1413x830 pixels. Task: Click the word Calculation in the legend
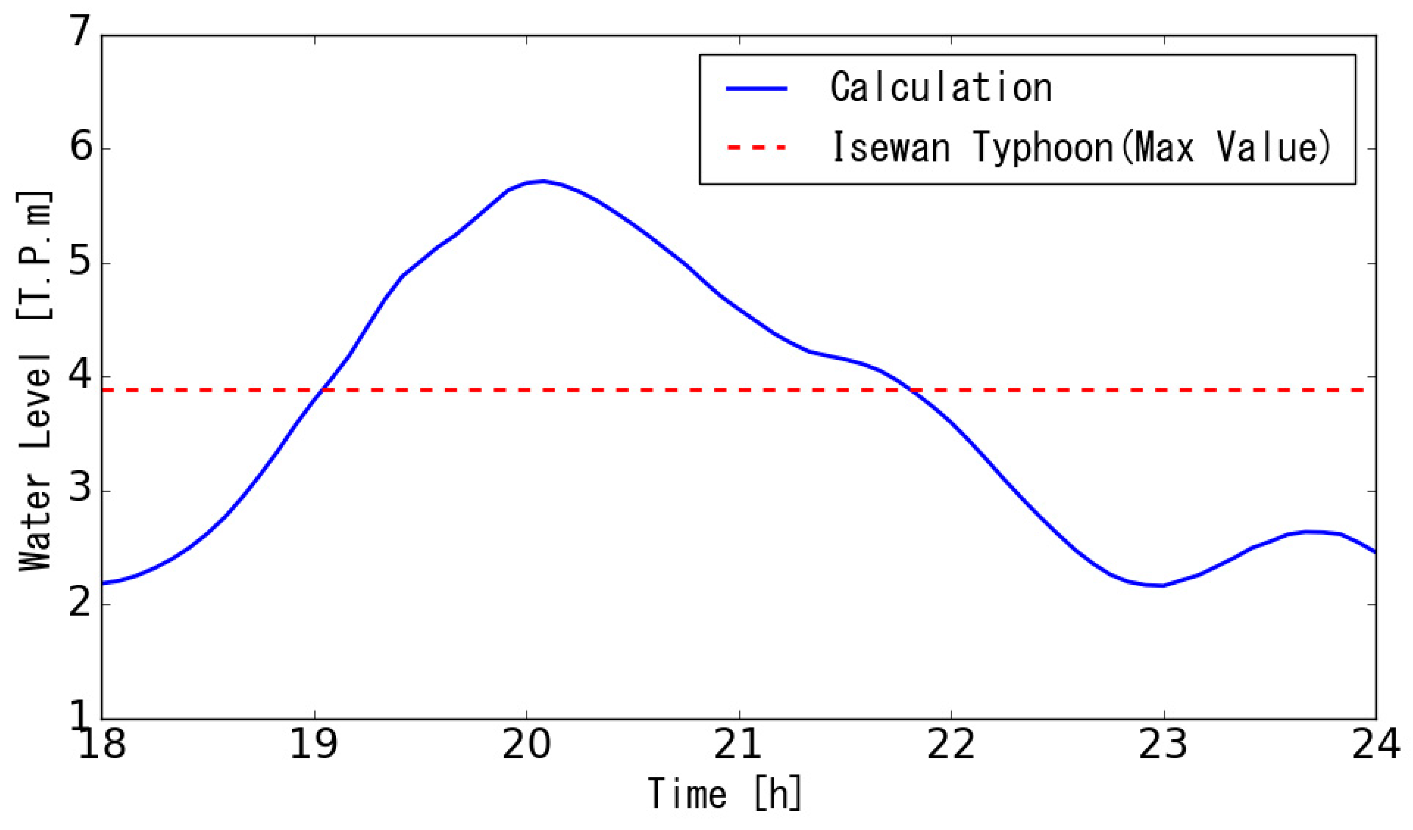click(941, 89)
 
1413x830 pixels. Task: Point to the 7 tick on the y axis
click(80, 32)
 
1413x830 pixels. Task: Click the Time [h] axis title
click(724, 794)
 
